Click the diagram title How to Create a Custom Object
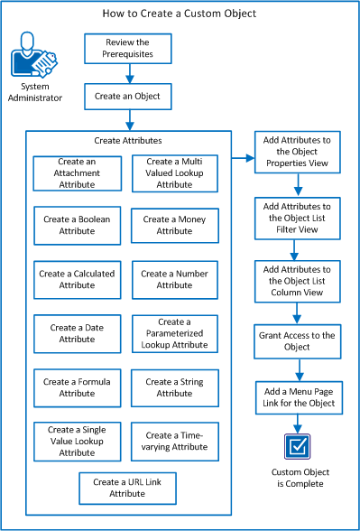179,14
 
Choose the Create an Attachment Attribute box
77,172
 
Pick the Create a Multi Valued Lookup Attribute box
175,172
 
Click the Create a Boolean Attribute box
77,225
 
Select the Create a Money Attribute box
175,225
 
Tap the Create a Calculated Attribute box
77,279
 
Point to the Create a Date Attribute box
77,333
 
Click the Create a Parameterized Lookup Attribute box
175,333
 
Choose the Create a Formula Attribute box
77,387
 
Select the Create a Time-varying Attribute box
175,442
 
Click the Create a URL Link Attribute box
126,489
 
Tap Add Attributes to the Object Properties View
297,151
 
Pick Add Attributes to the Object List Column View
297,281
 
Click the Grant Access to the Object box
297,340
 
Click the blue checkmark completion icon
297,447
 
